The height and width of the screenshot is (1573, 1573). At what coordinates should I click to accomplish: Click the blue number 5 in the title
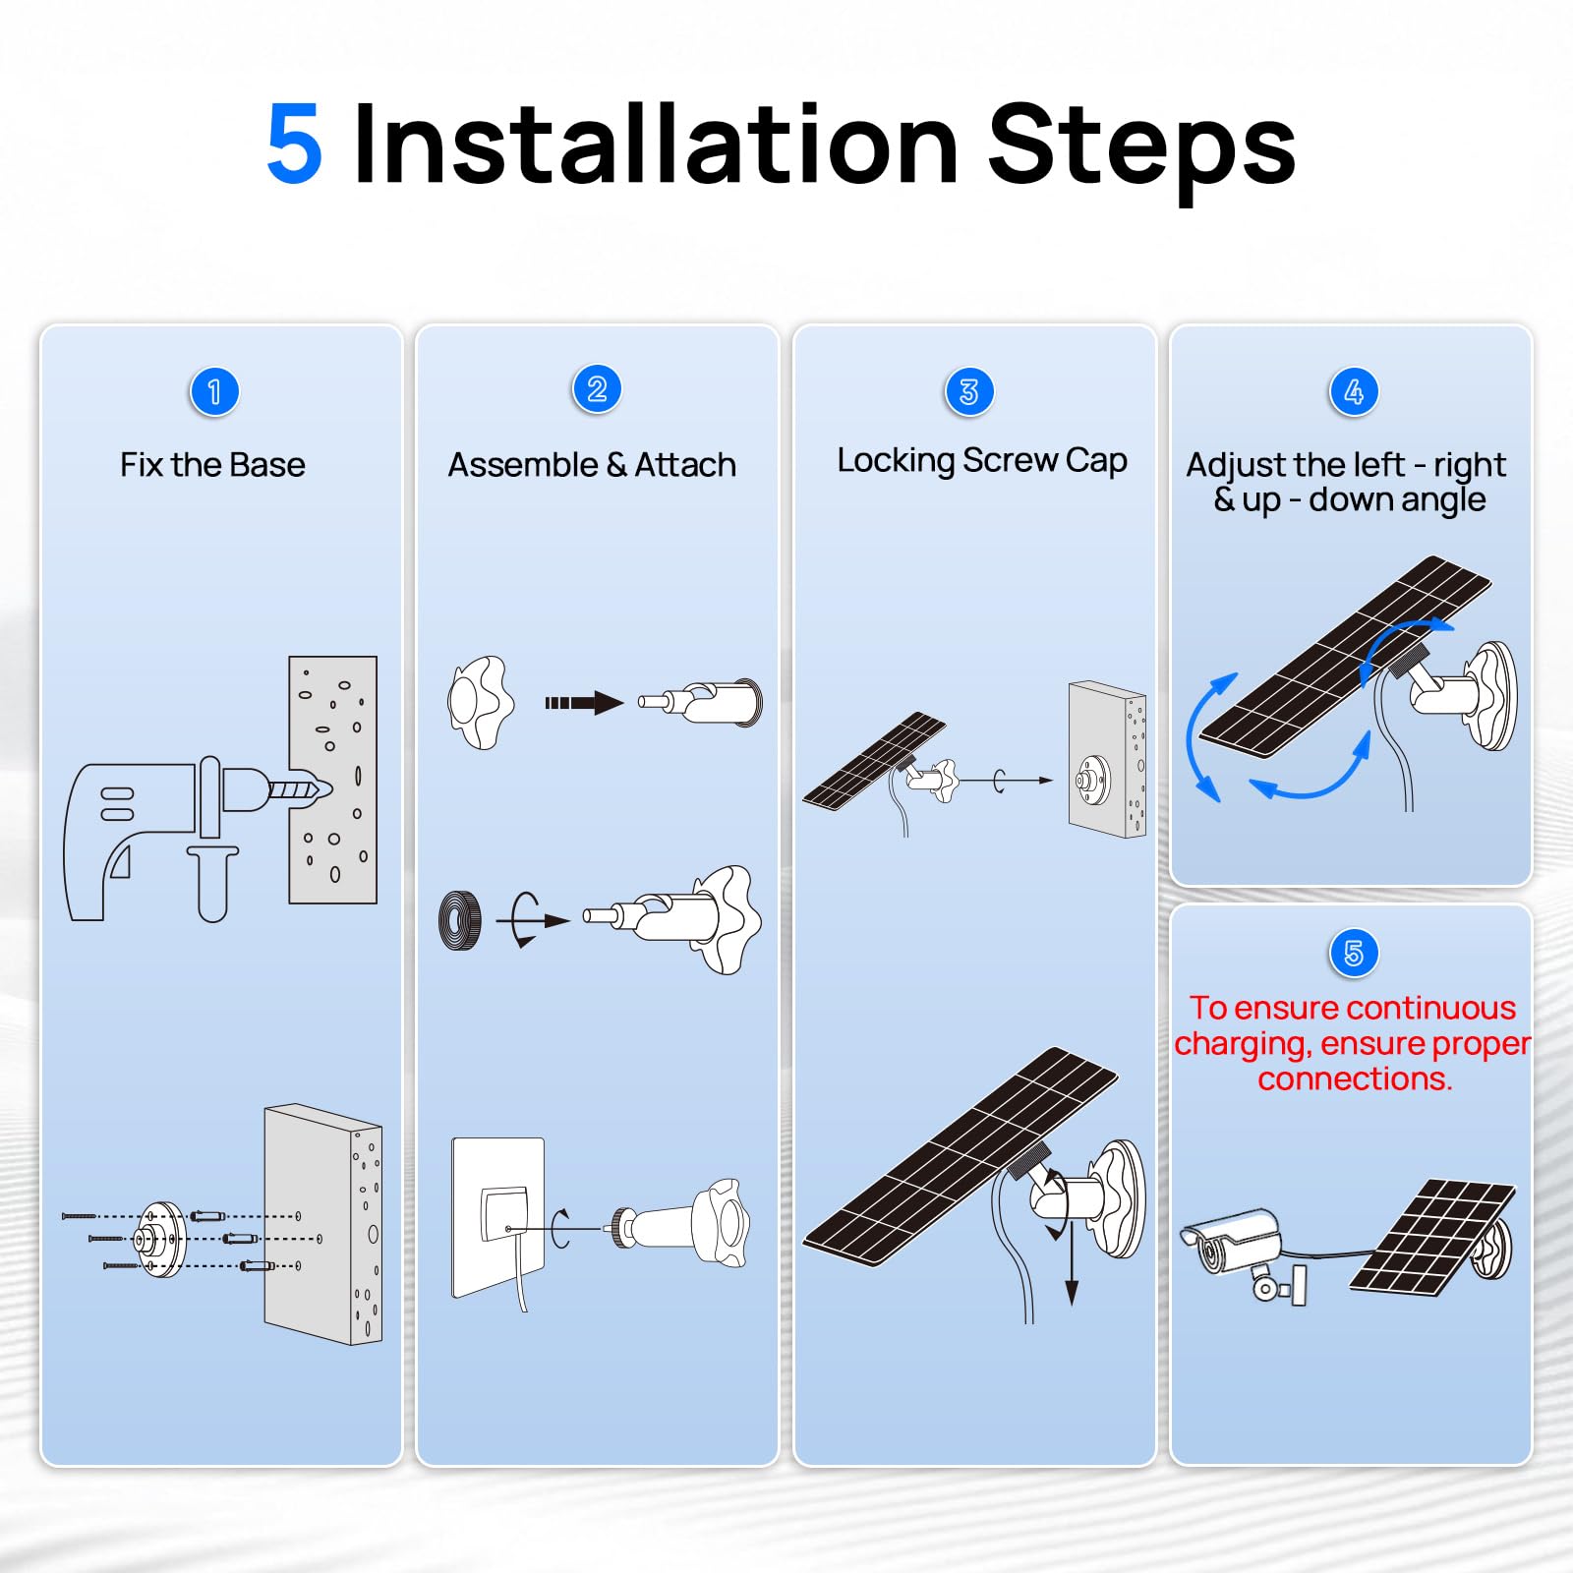pyautogui.click(x=294, y=146)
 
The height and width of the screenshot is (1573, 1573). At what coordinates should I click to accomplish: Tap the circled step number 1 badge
pyautogui.click(x=213, y=392)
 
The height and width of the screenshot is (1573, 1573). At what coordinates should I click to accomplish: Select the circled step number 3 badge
pyautogui.click(x=968, y=391)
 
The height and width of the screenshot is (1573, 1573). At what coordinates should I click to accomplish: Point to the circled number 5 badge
pyautogui.click(x=1353, y=953)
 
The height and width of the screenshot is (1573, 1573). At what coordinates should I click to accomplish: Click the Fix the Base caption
pyautogui.click(x=212, y=464)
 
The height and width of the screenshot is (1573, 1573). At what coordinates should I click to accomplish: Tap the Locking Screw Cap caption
pyautogui.click(x=981, y=460)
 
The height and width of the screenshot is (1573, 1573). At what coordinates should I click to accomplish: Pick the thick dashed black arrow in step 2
pyautogui.click(x=584, y=703)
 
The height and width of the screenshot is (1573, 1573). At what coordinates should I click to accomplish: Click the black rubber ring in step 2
pyautogui.click(x=459, y=920)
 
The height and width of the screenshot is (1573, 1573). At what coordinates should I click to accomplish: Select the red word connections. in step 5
pyautogui.click(x=1354, y=1079)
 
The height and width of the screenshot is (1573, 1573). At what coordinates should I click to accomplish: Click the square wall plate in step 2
pyautogui.click(x=497, y=1217)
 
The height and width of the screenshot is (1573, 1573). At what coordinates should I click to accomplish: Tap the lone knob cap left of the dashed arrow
pyautogui.click(x=480, y=703)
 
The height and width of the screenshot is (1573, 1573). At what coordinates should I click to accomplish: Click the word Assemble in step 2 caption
pyautogui.click(x=522, y=464)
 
